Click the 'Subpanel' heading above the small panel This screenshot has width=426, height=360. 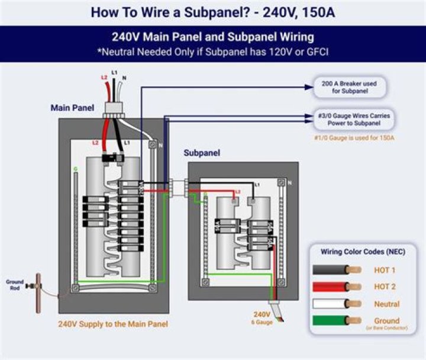pos(202,153)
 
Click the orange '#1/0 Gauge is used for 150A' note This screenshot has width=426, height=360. pos(354,138)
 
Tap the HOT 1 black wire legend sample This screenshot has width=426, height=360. pos(337,269)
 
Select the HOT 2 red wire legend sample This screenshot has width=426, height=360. pos(337,287)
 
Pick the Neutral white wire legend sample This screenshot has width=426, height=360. pos(337,304)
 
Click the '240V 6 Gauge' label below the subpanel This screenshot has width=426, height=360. pos(262,318)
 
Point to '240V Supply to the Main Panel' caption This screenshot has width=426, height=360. pos(113,324)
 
